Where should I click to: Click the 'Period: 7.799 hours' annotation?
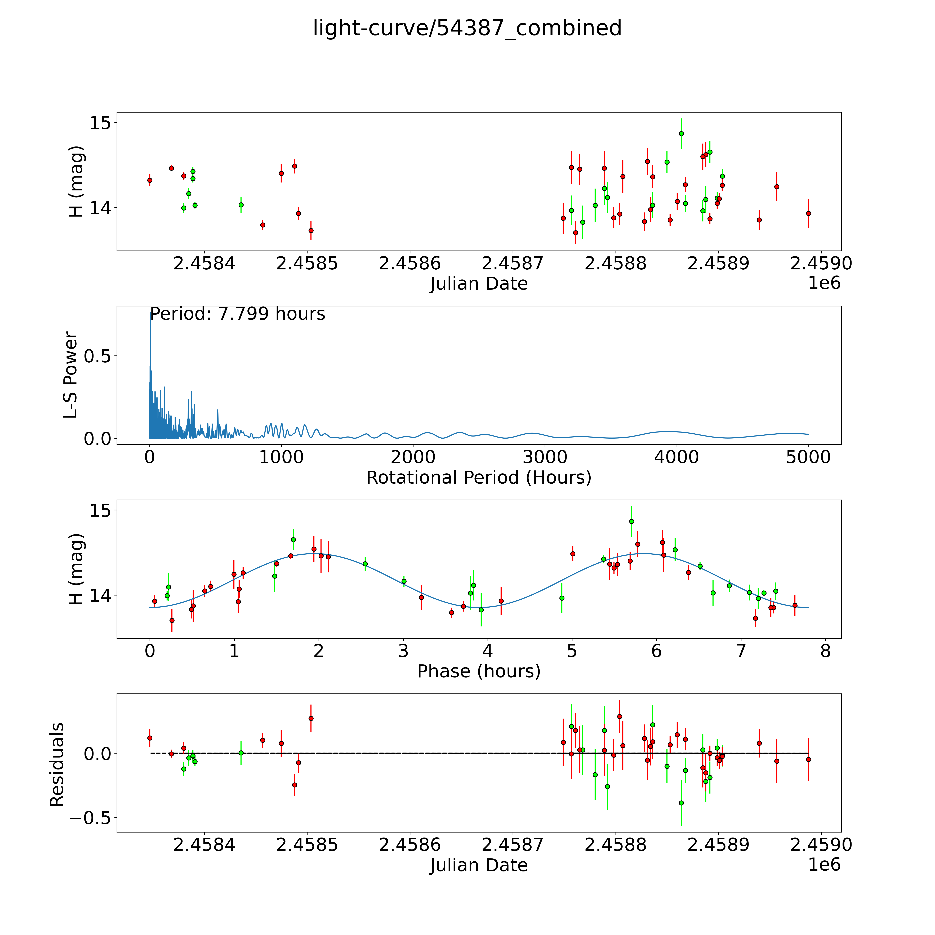238,314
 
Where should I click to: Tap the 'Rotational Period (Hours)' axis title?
479,478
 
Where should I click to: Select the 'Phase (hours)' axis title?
479,671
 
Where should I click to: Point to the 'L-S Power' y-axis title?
71,375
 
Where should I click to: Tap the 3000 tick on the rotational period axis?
545,457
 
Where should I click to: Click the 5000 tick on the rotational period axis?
808,457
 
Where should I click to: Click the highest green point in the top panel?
681,133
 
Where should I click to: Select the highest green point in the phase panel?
631,521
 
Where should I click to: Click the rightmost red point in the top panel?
808,213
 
